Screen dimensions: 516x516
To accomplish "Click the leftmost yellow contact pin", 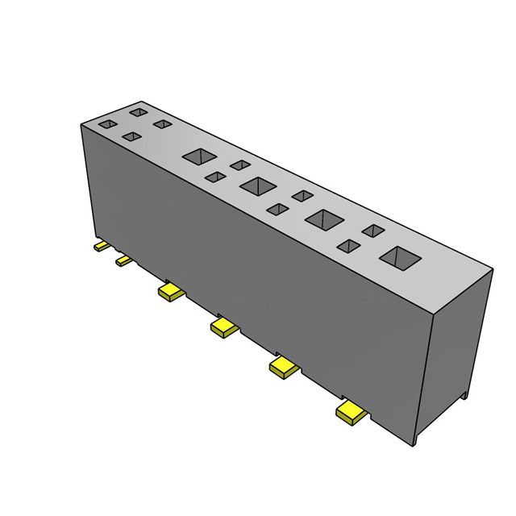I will (101, 246).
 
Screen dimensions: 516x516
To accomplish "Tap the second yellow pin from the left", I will (123, 260).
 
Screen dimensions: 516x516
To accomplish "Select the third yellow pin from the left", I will (171, 291).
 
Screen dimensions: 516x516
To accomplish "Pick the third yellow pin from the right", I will (223, 327).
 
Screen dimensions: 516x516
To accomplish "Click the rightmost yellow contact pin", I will (352, 414).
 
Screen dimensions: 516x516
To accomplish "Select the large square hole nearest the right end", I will (400, 258).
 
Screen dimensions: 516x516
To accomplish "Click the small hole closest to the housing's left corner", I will (106, 125).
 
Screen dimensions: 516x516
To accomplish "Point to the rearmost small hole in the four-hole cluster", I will (139, 112).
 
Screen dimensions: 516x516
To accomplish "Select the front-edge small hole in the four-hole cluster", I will (131, 138).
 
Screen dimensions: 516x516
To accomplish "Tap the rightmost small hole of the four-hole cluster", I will (163, 124).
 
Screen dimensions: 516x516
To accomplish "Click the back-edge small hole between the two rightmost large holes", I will (372, 231).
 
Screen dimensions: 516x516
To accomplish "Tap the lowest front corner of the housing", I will (414, 444).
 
